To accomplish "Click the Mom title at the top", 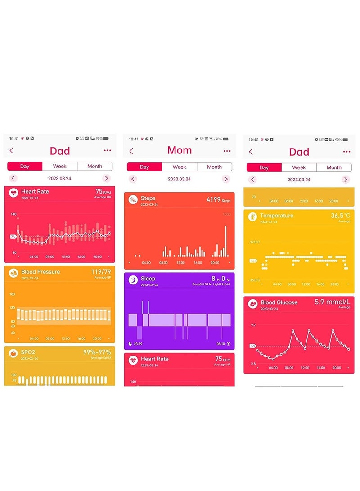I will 179,150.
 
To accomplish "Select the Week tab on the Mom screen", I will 179,167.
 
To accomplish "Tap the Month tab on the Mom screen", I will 214,167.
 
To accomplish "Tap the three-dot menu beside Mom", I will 227,151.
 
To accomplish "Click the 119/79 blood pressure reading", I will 101,272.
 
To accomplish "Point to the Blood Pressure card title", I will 40,272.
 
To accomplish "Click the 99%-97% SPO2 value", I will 97,352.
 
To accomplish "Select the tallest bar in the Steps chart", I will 225,241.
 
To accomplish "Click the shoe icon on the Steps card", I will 133,199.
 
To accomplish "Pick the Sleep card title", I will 148,279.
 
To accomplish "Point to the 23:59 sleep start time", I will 138,344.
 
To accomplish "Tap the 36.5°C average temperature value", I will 341,216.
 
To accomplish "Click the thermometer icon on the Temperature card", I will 252,216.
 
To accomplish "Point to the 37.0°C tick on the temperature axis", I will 254,242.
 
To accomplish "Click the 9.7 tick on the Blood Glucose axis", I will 253,325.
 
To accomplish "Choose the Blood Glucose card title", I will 279,302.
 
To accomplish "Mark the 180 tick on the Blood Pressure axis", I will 12,294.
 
